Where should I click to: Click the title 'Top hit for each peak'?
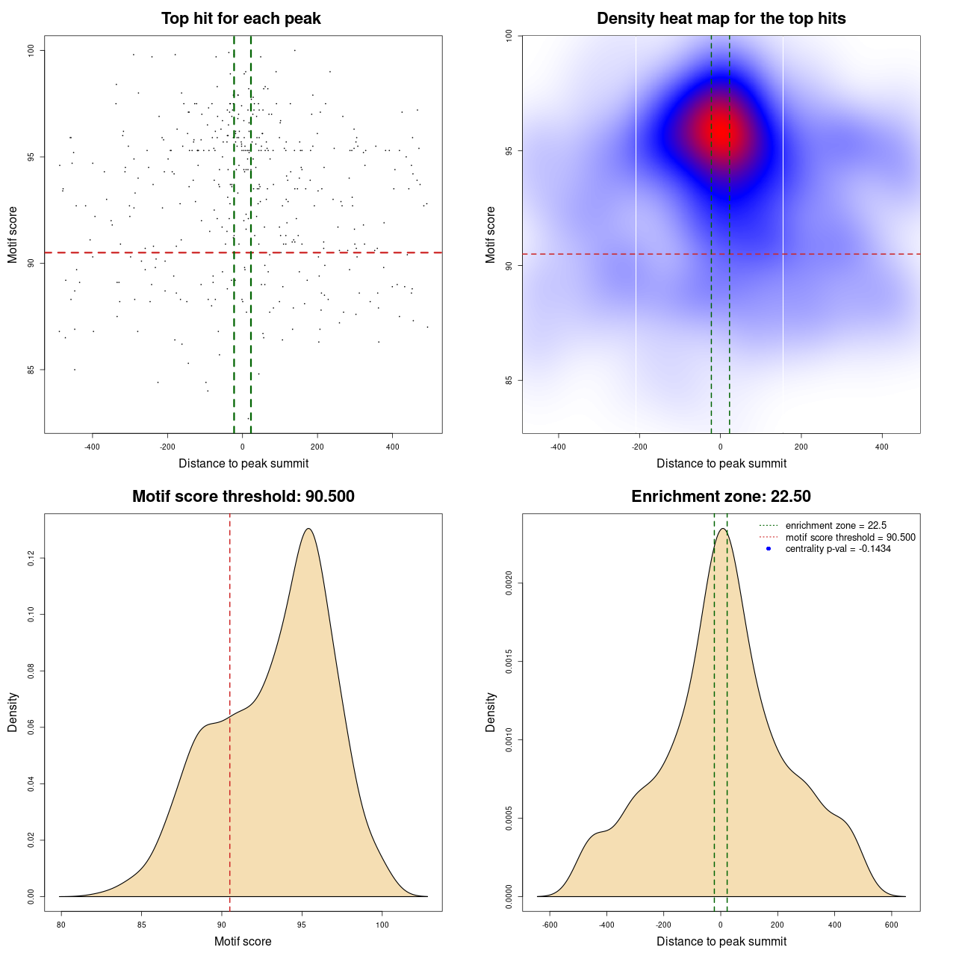240,19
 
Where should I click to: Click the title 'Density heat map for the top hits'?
721,19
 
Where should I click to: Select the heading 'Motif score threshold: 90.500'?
243,497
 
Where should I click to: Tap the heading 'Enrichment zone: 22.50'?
721,497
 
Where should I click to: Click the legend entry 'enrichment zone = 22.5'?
836,526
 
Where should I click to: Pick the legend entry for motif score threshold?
850,538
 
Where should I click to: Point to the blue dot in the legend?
769,549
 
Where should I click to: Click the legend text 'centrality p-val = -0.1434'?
838,549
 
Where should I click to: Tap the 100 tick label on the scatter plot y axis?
31,50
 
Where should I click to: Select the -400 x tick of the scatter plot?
92,447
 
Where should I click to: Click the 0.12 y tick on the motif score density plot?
31,558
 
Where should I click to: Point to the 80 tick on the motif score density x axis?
61,925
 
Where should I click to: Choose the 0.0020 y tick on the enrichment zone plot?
509,583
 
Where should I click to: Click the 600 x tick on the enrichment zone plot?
891,925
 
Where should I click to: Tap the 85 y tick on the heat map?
509,380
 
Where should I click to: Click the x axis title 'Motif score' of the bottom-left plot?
243,941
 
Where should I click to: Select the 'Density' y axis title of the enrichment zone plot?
491,712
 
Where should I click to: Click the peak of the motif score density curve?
308,529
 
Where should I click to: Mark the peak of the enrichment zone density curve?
722,529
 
